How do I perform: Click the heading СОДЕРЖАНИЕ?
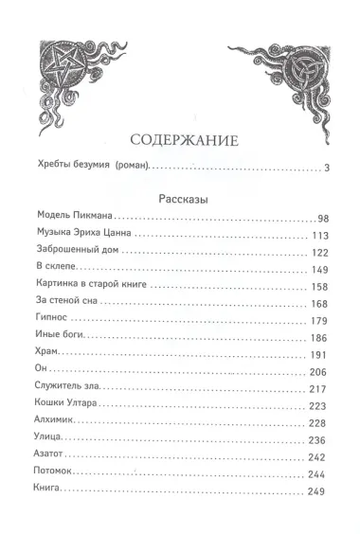(x=179, y=142)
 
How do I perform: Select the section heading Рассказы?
(x=179, y=200)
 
